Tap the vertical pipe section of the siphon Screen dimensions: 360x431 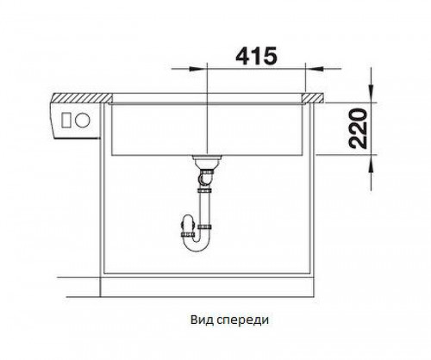point(205,207)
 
